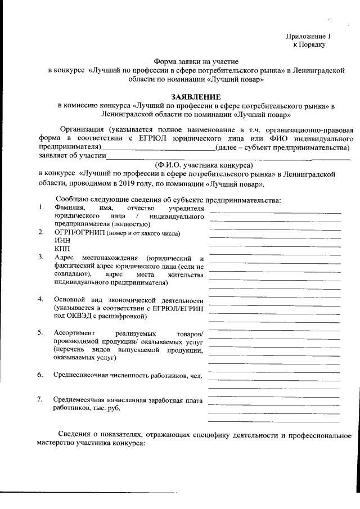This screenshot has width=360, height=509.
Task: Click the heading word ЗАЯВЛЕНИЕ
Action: pyautogui.click(x=196, y=97)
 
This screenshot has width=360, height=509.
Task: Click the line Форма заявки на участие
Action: pyautogui.click(x=196, y=61)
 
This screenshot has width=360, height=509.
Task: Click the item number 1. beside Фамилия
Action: pyautogui.click(x=41, y=208)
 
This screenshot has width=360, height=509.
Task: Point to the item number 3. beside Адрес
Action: pyautogui.click(x=41, y=257)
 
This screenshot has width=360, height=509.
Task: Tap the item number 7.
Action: pyautogui.click(x=41, y=399)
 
